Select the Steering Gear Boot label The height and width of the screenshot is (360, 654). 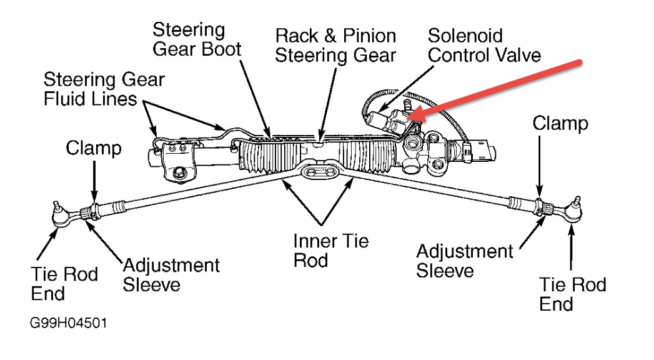pyautogui.click(x=196, y=39)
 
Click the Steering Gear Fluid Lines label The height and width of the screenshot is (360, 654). pyautogui.click(x=104, y=89)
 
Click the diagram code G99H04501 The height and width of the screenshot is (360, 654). pyautogui.click(x=67, y=325)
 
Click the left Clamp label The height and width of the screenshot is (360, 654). pyautogui.click(x=94, y=148)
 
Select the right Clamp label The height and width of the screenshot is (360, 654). pyautogui.click(x=560, y=123)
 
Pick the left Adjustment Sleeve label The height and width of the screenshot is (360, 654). pyautogui.click(x=171, y=274)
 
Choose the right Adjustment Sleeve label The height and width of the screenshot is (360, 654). pyautogui.click(x=464, y=261)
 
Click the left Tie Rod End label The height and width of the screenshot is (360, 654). pyautogui.click(x=64, y=283)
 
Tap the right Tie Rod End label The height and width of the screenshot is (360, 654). pyautogui.click(x=572, y=294)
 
